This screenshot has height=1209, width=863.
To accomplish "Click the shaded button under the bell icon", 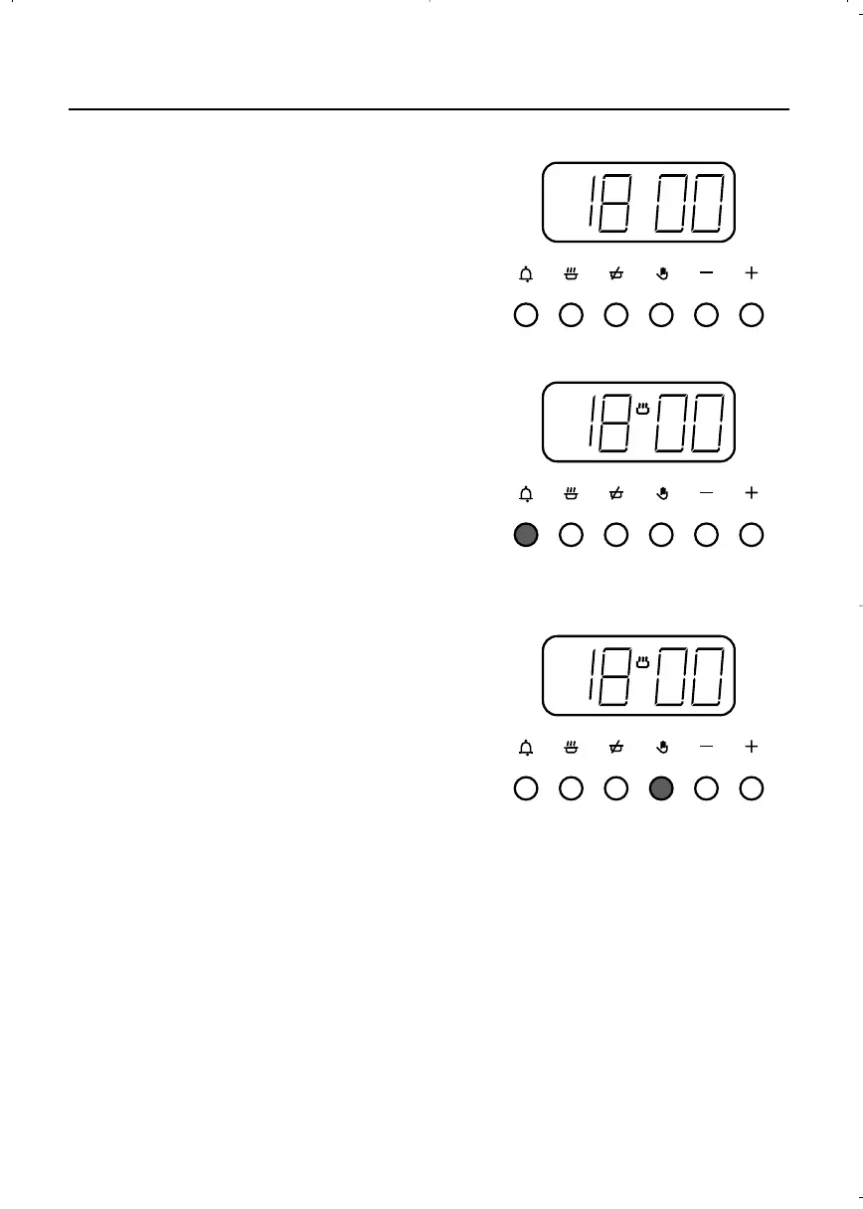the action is click(526, 535).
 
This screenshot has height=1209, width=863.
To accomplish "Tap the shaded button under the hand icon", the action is click(661, 788).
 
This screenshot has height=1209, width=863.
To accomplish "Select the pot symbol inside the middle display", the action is click(642, 409).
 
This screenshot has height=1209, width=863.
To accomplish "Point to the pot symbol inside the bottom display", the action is click(642, 662).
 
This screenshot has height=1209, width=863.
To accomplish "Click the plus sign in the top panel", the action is click(752, 272).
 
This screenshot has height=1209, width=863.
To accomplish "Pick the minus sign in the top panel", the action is click(706, 272).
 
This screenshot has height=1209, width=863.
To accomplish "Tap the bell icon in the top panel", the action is click(526, 272).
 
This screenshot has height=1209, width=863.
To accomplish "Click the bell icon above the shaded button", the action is click(526, 493).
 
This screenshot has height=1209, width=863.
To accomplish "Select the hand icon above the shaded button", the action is click(661, 747).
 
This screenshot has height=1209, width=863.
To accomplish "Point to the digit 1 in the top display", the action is click(591, 202).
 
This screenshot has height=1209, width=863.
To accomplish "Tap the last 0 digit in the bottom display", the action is click(706, 676).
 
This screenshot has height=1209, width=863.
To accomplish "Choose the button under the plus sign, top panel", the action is click(752, 315).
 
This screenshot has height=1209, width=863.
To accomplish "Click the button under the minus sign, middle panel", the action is click(706, 535).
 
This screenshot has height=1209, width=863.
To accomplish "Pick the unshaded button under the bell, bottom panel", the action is click(526, 788).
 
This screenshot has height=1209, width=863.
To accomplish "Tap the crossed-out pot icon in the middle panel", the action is click(615, 493).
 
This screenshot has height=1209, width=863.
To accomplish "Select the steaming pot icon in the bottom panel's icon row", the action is click(571, 747).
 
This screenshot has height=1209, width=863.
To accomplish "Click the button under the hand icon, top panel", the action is click(661, 315).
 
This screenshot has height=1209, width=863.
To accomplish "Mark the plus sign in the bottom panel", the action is click(752, 747).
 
